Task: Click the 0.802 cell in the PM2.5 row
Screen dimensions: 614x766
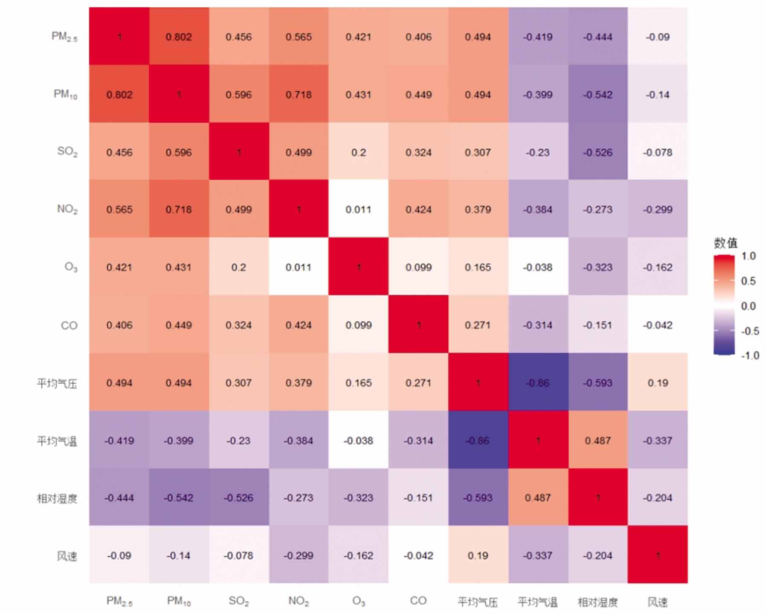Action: (x=179, y=37)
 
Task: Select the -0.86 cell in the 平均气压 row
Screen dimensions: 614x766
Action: (x=537, y=383)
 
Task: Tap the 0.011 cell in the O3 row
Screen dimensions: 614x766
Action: (x=299, y=267)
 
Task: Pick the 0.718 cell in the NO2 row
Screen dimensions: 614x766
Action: (x=179, y=210)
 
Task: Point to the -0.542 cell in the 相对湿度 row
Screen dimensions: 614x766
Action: (x=179, y=498)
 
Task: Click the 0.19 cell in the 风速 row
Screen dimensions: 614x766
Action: (x=478, y=556)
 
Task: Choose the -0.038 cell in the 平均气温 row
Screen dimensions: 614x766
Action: (x=358, y=440)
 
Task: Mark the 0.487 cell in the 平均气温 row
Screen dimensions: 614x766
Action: (x=598, y=440)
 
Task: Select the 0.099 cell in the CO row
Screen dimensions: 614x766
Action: (x=358, y=325)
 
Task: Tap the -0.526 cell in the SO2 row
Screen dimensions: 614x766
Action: (x=598, y=152)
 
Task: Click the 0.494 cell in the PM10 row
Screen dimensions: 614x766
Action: (x=478, y=95)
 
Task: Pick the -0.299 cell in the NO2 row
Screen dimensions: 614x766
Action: (x=657, y=210)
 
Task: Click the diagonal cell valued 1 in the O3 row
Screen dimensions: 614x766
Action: (x=358, y=267)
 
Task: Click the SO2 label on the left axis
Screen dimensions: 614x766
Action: (x=67, y=152)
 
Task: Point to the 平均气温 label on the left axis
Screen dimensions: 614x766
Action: (x=57, y=441)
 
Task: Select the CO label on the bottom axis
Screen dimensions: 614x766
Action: (x=418, y=601)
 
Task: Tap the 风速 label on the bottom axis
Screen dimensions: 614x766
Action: (x=657, y=602)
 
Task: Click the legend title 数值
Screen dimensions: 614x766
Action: (x=725, y=243)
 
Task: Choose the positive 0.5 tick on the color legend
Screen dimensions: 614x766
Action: (x=748, y=281)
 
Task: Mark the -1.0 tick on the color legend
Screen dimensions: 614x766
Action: (x=749, y=355)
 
